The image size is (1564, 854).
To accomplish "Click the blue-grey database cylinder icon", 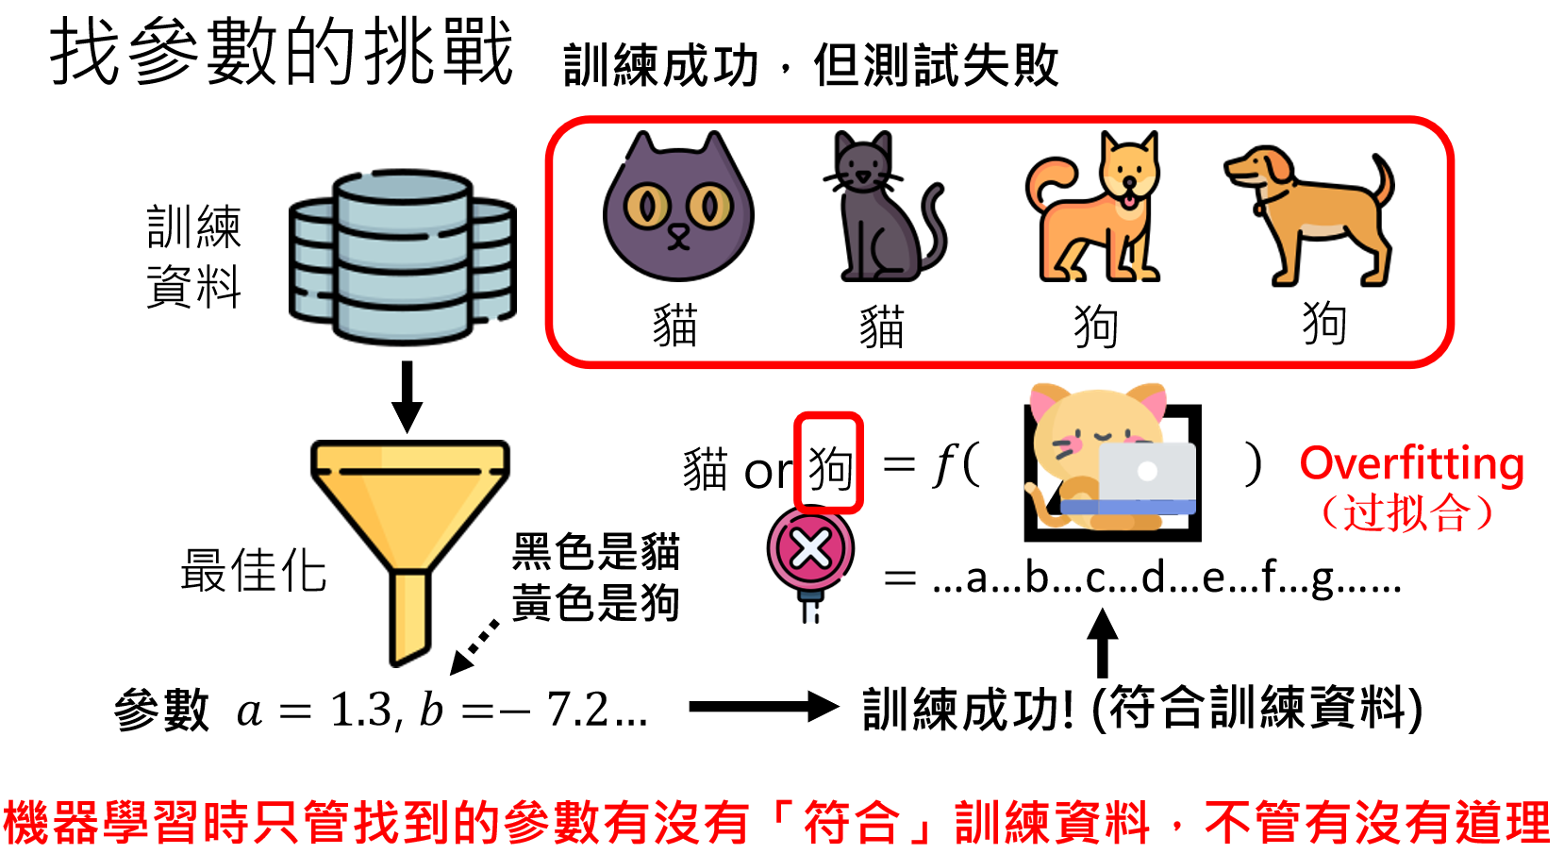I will pyautogui.click(x=403, y=257).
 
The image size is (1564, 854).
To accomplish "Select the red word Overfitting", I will pyautogui.click(x=1411, y=463).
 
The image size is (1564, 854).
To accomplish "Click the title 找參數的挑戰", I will pyautogui.click(x=281, y=52).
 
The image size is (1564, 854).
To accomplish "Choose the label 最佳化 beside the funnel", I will pyautogui.click(x=253, y=571).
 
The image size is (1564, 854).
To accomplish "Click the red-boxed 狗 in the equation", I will pyautogui.click(x=829, y=466).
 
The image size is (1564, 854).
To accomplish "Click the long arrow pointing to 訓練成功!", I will pyautogui.click(x=763, y=706).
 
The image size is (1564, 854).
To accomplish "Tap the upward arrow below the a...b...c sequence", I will pyautogui.click(x=1102, y=642).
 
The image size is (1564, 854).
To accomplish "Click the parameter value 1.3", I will pyautogui.click(x=362, y=710).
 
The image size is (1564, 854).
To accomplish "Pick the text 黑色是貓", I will pyautogui.click(x=595, y=552).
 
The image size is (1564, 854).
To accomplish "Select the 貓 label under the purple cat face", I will pyautogui.click(x=675, y=327).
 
